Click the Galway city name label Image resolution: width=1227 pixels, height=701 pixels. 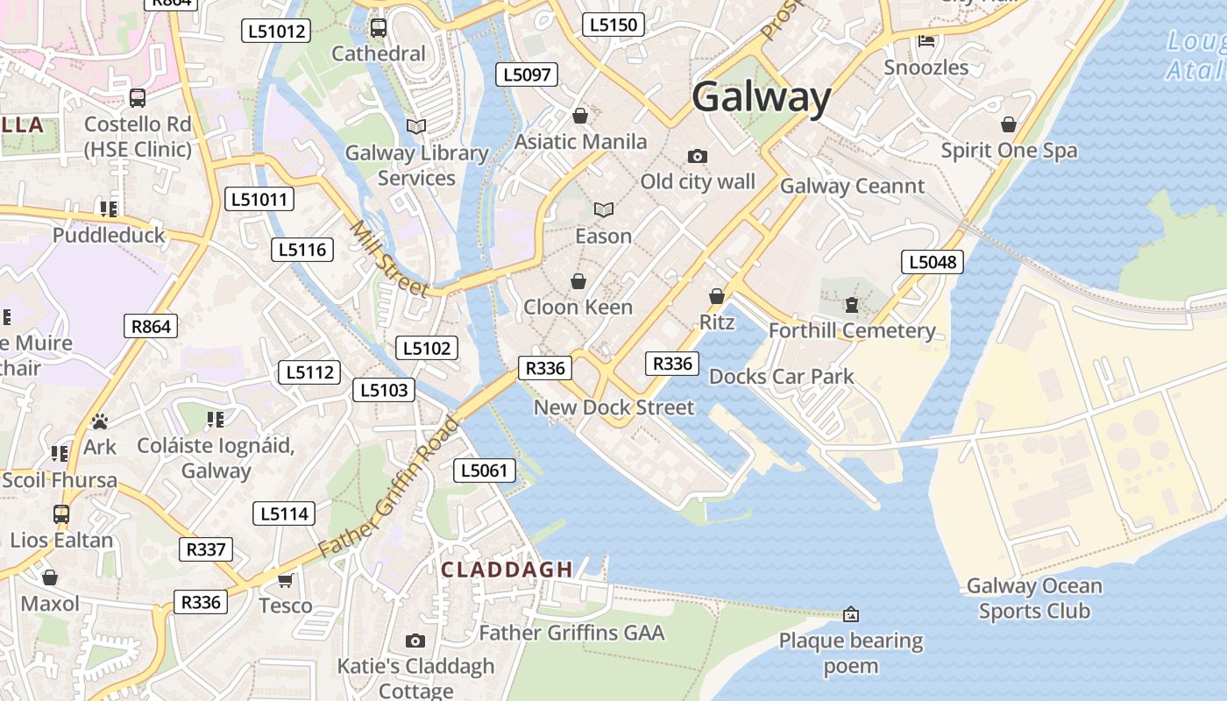761,97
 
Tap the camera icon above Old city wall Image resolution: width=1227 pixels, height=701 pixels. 698,157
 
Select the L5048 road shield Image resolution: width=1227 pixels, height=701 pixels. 933,262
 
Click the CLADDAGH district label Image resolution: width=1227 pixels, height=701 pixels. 507,570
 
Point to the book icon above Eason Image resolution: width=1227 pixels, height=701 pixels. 603,209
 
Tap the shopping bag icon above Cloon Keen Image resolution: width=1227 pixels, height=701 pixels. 578,281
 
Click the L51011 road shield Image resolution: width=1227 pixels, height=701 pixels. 259,200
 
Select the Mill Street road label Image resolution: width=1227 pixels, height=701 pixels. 389,259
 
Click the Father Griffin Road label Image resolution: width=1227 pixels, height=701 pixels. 388,487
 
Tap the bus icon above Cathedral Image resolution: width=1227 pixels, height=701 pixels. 379,28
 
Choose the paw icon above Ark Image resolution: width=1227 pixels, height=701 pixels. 100,422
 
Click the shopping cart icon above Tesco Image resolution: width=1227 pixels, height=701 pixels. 285,580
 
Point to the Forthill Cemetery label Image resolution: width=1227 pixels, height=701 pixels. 852,330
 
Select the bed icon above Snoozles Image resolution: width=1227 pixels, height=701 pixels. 926,40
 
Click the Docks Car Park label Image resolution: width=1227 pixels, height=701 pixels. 781,377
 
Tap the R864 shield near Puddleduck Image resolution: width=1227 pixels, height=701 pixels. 151,327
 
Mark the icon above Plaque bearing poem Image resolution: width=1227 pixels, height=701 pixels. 850,614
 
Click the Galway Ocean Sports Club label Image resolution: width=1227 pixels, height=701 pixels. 1034,598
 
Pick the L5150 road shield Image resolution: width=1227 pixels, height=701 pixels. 613,25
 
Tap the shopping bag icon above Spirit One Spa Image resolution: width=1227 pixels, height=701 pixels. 1009,124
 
